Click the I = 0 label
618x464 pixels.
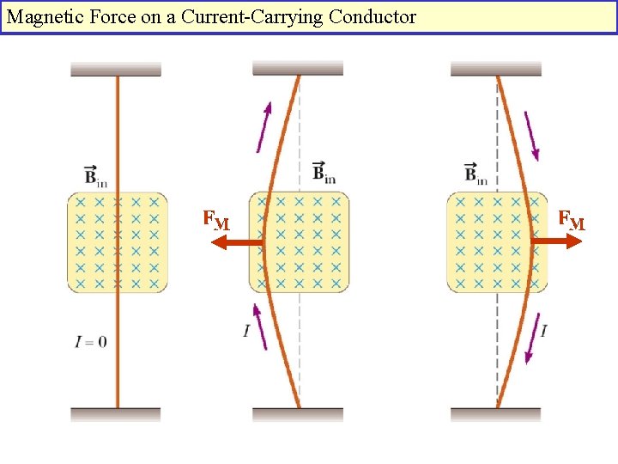(x=91, y=341)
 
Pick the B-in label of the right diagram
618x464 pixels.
(x=476, y=174)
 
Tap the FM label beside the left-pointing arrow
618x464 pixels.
(x=215, y=221)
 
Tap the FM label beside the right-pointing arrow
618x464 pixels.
(x=571, y=221)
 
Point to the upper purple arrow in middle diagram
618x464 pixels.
(x=264, y=126)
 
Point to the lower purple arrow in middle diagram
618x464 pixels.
(x=259, y=326)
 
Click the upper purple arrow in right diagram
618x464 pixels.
(x=531, y=136)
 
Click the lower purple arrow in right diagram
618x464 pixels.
(x=532, y=339)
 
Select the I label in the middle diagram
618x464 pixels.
(x=246, y=330)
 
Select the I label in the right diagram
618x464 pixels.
(x=544, y=330)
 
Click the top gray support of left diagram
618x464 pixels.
(x=116, y=70)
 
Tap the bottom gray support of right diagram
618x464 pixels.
(x=495, y=414)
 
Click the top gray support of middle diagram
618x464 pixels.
(x=298, y=68)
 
